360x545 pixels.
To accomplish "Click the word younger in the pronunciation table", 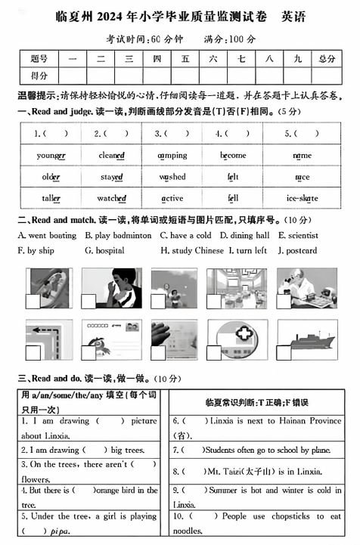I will [51, 156].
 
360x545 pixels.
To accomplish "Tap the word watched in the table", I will [112, 198].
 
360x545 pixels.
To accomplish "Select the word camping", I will [172, 156].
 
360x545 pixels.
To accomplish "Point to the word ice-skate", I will [302, 198].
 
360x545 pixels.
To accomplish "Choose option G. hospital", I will [104, 250].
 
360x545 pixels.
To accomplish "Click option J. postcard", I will [297, 250].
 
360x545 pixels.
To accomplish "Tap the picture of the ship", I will [307, 340].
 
